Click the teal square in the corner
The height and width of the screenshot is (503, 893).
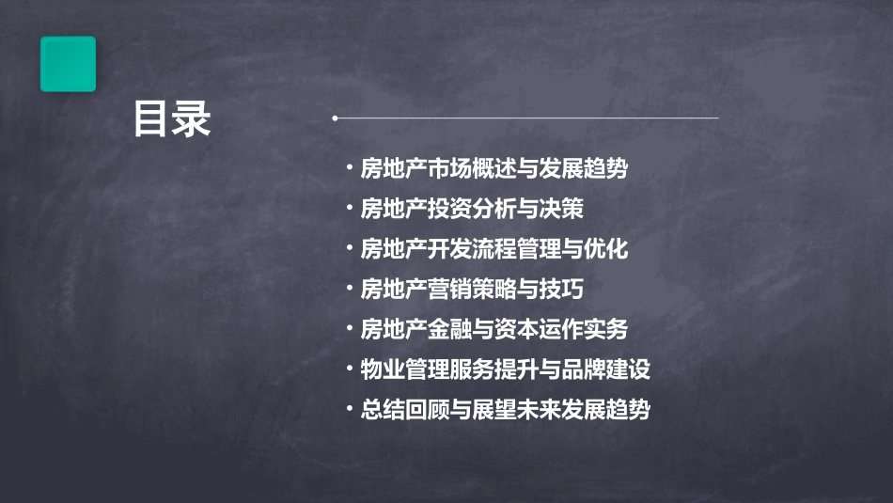tap(68, 64)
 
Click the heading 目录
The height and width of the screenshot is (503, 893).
tap(172, 119)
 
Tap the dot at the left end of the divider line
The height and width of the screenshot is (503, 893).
tap(335, 118)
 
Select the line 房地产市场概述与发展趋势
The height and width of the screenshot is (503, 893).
tap(493, 169)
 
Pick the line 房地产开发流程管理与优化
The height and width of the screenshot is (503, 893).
tap(493, 249)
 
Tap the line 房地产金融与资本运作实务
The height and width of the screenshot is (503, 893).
tap(493, 330)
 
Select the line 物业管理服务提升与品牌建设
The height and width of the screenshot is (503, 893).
tap(505, 369)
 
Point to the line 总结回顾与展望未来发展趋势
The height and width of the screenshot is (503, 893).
tap(505, 410)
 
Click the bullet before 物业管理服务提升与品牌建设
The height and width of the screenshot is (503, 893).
tap(350, 369)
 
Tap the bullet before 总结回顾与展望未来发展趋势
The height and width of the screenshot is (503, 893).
tap(350, 410)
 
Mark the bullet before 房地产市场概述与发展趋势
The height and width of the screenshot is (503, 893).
tap(350, 169)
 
